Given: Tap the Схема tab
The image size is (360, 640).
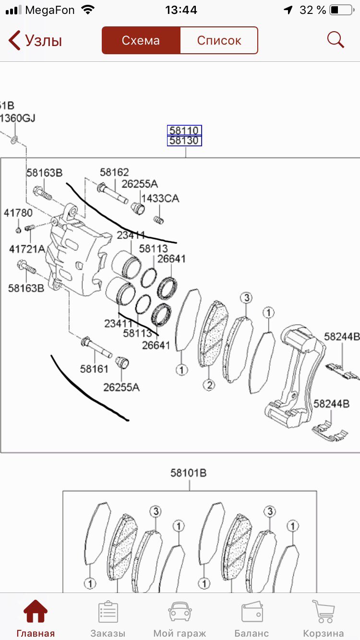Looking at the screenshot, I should (x=141, y=40).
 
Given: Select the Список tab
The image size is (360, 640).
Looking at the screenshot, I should (x=219, y=40).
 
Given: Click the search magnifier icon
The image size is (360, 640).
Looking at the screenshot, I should (x=336, y=40).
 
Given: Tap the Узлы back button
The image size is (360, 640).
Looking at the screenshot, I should (x=36, y=41).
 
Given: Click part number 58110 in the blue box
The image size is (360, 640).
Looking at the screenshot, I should (x=184, y=130).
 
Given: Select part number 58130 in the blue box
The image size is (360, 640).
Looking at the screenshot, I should (x=184, y=141).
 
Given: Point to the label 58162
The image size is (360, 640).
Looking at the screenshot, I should (x=114, y=172).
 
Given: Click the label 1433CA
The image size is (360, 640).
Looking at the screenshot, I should (x=160, y=198).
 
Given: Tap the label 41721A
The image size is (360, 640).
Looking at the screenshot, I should (x=27, y=249).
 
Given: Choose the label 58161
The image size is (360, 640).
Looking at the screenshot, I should (x=94, y=368).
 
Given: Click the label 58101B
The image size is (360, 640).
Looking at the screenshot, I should (x=188, y=473).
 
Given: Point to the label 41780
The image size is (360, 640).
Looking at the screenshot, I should (x=18, y=213).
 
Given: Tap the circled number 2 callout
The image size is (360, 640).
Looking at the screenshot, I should (x=209, y=384).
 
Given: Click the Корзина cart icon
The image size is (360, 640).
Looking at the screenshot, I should (x=323, y=612).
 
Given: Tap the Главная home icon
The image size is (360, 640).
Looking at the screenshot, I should (x=36, y=612).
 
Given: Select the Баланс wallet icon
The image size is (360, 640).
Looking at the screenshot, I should (x=252, y=612).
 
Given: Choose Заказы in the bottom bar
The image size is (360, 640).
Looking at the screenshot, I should (x=108, y=612).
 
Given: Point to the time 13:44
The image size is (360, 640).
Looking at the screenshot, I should (x=180, y=10).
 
